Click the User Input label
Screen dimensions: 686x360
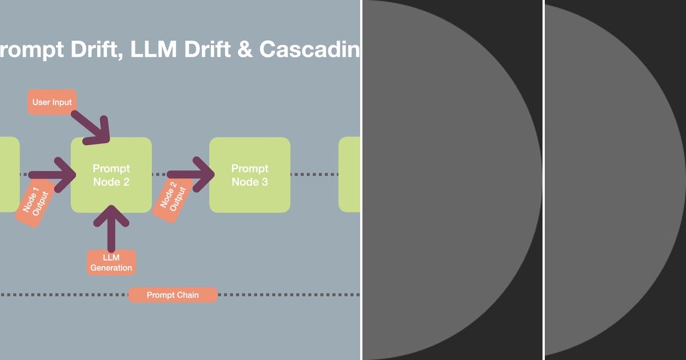click(x=52, y=102)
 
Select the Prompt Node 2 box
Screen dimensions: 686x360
click(x=111, y=175)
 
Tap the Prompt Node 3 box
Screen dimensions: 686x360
click(x=250, y=175)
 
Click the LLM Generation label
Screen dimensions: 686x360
click(x=111, y=262)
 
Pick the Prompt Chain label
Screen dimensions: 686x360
click(x=173, y=295)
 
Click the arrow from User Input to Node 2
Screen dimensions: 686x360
click(x=92, y=126)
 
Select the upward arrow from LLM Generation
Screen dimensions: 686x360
click(x=111, y=226)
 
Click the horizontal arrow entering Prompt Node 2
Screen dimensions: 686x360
click(x=51, y=174)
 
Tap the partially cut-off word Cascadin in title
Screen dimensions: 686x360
click(x=309, y=50)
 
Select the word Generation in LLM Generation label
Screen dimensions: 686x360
click(x=111, y=267)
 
